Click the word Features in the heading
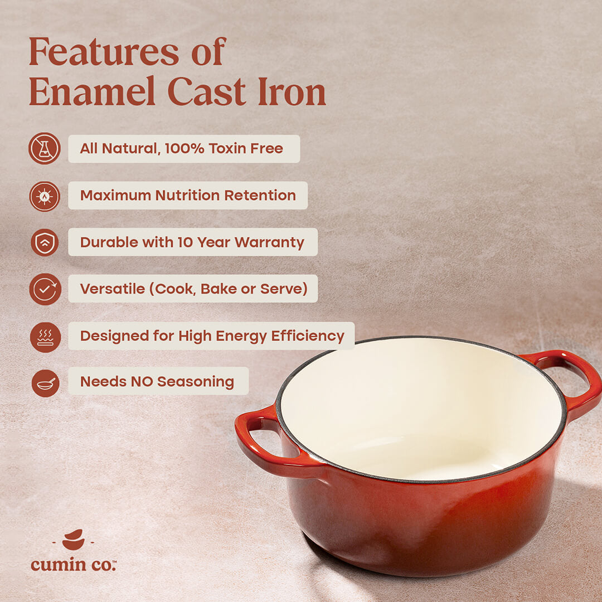coord(105,52)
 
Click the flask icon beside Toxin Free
coord(45,148)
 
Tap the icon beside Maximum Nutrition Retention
coord(45,196)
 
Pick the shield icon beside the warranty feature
coord(45,242)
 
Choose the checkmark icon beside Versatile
coord(45,289)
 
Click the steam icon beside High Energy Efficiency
coord(45,337)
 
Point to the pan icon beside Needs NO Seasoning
coord(45,383)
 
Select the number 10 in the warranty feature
coord(185,242)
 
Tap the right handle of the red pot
coord(574,379)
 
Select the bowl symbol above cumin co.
coord(73,539)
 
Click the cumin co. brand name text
coord(73,564)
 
